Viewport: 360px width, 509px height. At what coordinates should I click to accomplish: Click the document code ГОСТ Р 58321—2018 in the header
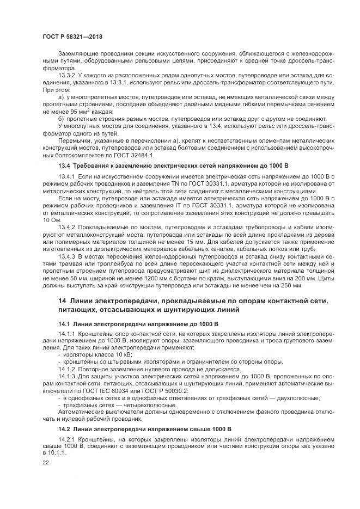[x=72, y=36]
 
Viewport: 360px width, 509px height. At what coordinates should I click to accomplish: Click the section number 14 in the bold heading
[x=62, y=302]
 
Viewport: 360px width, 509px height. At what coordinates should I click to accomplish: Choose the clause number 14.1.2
[x=67, y=369]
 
